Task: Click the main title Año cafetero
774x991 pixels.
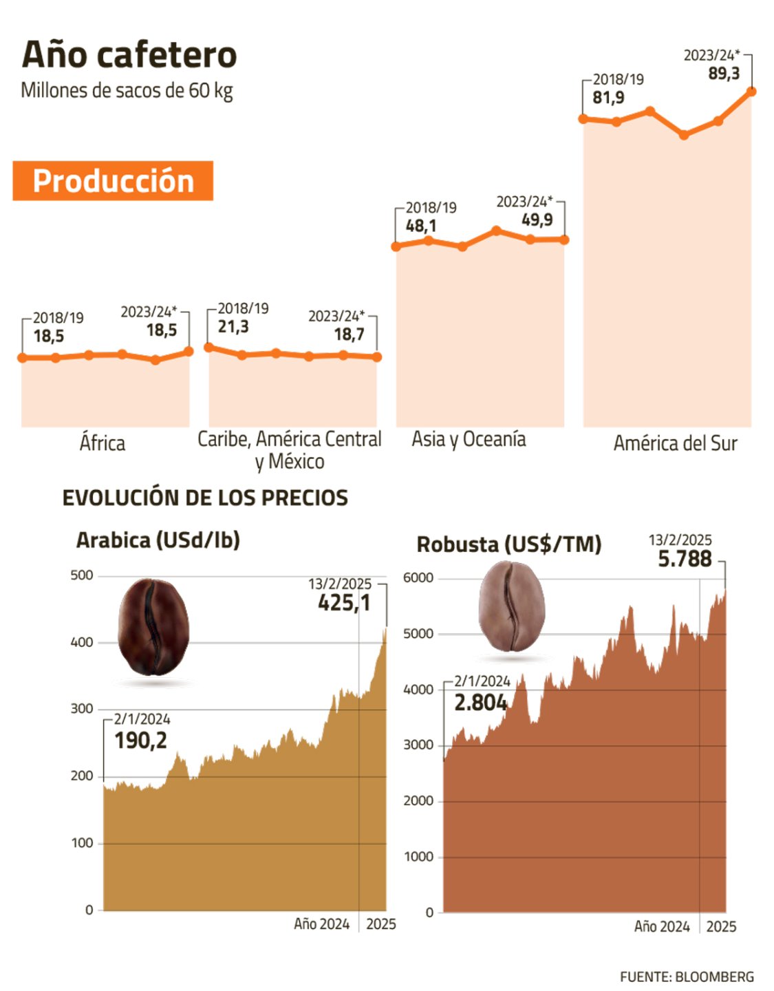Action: tap(129, 54)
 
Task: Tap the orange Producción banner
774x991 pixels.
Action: tap(113, 181)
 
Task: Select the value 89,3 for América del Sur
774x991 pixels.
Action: tap(724, 74)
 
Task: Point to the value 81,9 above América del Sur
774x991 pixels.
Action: tap(608, 98)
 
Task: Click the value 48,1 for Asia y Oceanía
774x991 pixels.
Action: tap(420, 226)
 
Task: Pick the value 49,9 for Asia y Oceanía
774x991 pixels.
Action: tap(537, 220)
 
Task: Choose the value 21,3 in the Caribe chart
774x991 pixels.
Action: tap(233, 327)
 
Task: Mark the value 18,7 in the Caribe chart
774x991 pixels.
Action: tap(349, 334)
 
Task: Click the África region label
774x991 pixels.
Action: tap(103, 443)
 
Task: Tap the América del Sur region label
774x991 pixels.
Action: tap(675, 443)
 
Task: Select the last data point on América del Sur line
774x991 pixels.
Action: tap(751, 91)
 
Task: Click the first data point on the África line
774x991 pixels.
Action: tap(23, 357)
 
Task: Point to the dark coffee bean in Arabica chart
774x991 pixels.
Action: tap(153, 627)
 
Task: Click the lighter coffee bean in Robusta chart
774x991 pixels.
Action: tap(511, 606)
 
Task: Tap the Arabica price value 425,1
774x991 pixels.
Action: tap(344, 603)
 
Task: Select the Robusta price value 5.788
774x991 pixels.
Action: tap(685, 559)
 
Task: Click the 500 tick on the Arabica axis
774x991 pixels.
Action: tap(82, 575)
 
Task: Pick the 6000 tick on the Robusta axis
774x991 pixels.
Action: tap(418, 577)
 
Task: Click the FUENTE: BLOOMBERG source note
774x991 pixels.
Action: tap(686, 977)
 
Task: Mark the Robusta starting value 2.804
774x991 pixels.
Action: tap(480, 703)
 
